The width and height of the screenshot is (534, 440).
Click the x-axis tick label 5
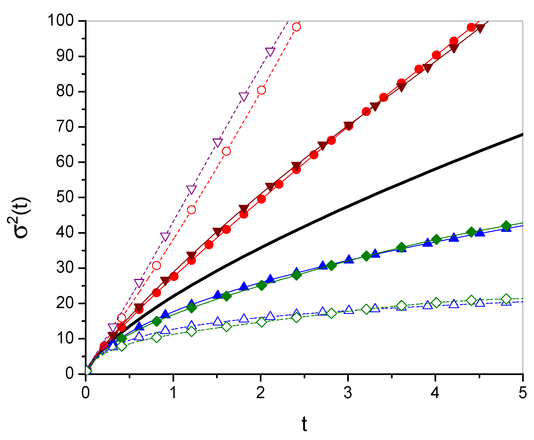coord(522,393)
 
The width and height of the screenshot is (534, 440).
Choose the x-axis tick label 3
coord(348,393)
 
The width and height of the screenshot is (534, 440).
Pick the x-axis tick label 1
coord(173,393)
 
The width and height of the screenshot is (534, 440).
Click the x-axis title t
coord(304,424)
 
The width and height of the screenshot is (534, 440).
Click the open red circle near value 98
coord(296,27)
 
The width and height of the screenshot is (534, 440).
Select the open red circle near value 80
coord(261,90)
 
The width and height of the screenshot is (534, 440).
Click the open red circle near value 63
coord(226,151)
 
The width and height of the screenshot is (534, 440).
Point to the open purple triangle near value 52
coord(192,189)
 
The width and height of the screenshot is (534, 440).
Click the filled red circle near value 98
coord(471,28)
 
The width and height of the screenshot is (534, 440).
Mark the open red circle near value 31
coord(157,265)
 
